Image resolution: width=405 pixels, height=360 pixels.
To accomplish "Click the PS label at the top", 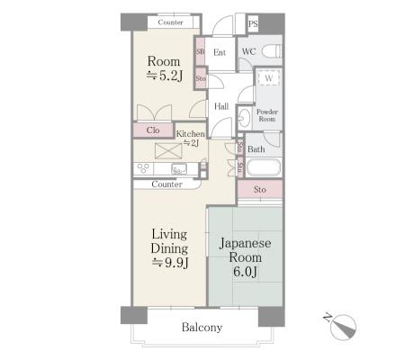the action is pos(253,23).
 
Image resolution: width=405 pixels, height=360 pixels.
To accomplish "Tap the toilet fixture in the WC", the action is pos(272,50).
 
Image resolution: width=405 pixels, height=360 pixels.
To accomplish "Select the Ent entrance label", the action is pos(220,52).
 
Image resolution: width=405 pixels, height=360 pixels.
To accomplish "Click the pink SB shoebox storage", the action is pos(200,51).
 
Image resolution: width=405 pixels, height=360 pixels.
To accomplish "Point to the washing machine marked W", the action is pos(269,77).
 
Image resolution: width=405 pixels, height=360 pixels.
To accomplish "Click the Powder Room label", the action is pos(267,115).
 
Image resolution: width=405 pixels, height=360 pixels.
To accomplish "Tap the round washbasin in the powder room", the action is pos(245,117).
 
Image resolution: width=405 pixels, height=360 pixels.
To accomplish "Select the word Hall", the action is pos(221,106).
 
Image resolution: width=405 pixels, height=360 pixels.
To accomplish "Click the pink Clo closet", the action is pos(153,130).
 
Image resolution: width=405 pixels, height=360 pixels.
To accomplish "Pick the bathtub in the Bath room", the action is pos(264,167).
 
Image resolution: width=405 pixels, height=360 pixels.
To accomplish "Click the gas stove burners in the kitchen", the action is pos(143,168).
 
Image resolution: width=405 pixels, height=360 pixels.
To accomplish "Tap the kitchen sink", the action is pos(179,168).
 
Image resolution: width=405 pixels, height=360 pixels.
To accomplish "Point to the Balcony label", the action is pos(202,327).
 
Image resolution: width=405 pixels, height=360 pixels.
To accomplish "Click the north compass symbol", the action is pos(343,327).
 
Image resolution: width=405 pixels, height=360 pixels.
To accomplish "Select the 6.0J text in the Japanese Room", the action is pos(245,272).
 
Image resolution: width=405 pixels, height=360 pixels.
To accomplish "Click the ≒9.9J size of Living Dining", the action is pos(170,263).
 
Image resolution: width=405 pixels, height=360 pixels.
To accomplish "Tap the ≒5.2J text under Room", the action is pos(165,76).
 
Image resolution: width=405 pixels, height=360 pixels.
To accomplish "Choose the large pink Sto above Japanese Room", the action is pos(260,189).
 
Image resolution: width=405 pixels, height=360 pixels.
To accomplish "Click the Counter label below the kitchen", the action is pos(166,184).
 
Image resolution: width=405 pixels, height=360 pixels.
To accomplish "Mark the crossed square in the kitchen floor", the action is pos(168,151).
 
